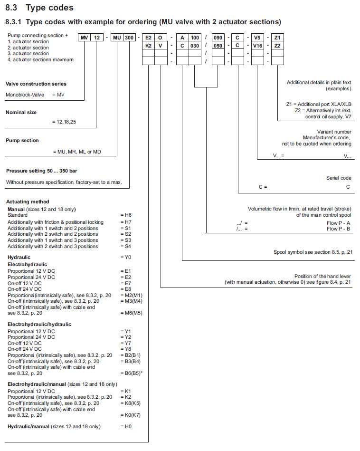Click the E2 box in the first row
148,38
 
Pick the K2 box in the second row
148,45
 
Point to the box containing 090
218,38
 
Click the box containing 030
195,45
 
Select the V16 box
257,45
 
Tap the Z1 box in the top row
277,38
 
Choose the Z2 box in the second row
277,45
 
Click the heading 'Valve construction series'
36,84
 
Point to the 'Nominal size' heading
21,113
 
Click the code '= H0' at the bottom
126,426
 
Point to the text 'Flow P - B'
339,229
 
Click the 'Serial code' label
339,178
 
